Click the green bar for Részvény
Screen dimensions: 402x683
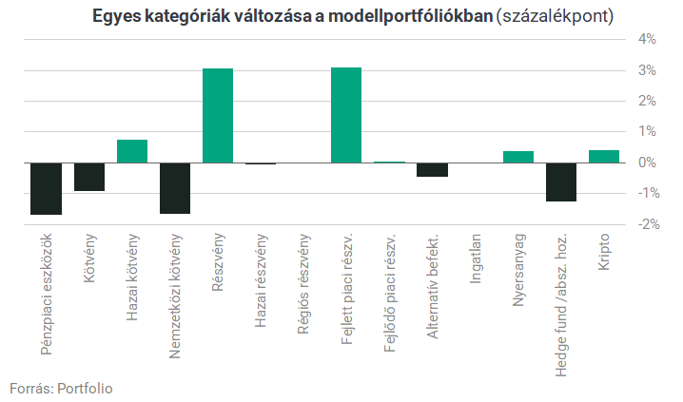(218, 115)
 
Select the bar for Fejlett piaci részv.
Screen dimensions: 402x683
(346, 115)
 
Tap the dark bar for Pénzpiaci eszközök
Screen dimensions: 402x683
(46, 188)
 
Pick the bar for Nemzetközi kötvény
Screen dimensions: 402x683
(175, 187)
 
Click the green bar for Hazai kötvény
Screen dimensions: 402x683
(132, 151)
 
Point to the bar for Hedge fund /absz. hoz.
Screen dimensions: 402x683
(561, 182)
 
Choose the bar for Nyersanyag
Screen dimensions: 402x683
(518, 157)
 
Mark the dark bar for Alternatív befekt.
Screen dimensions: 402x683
(433, 169)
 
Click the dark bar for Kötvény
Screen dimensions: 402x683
(89, 177)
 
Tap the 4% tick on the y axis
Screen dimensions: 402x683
(647, 39)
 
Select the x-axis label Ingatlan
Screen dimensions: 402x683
(476, 258)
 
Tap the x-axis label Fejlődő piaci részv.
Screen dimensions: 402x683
(390, 283)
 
